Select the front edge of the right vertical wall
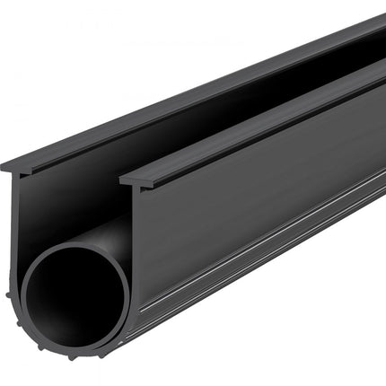[x=132, y=233]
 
